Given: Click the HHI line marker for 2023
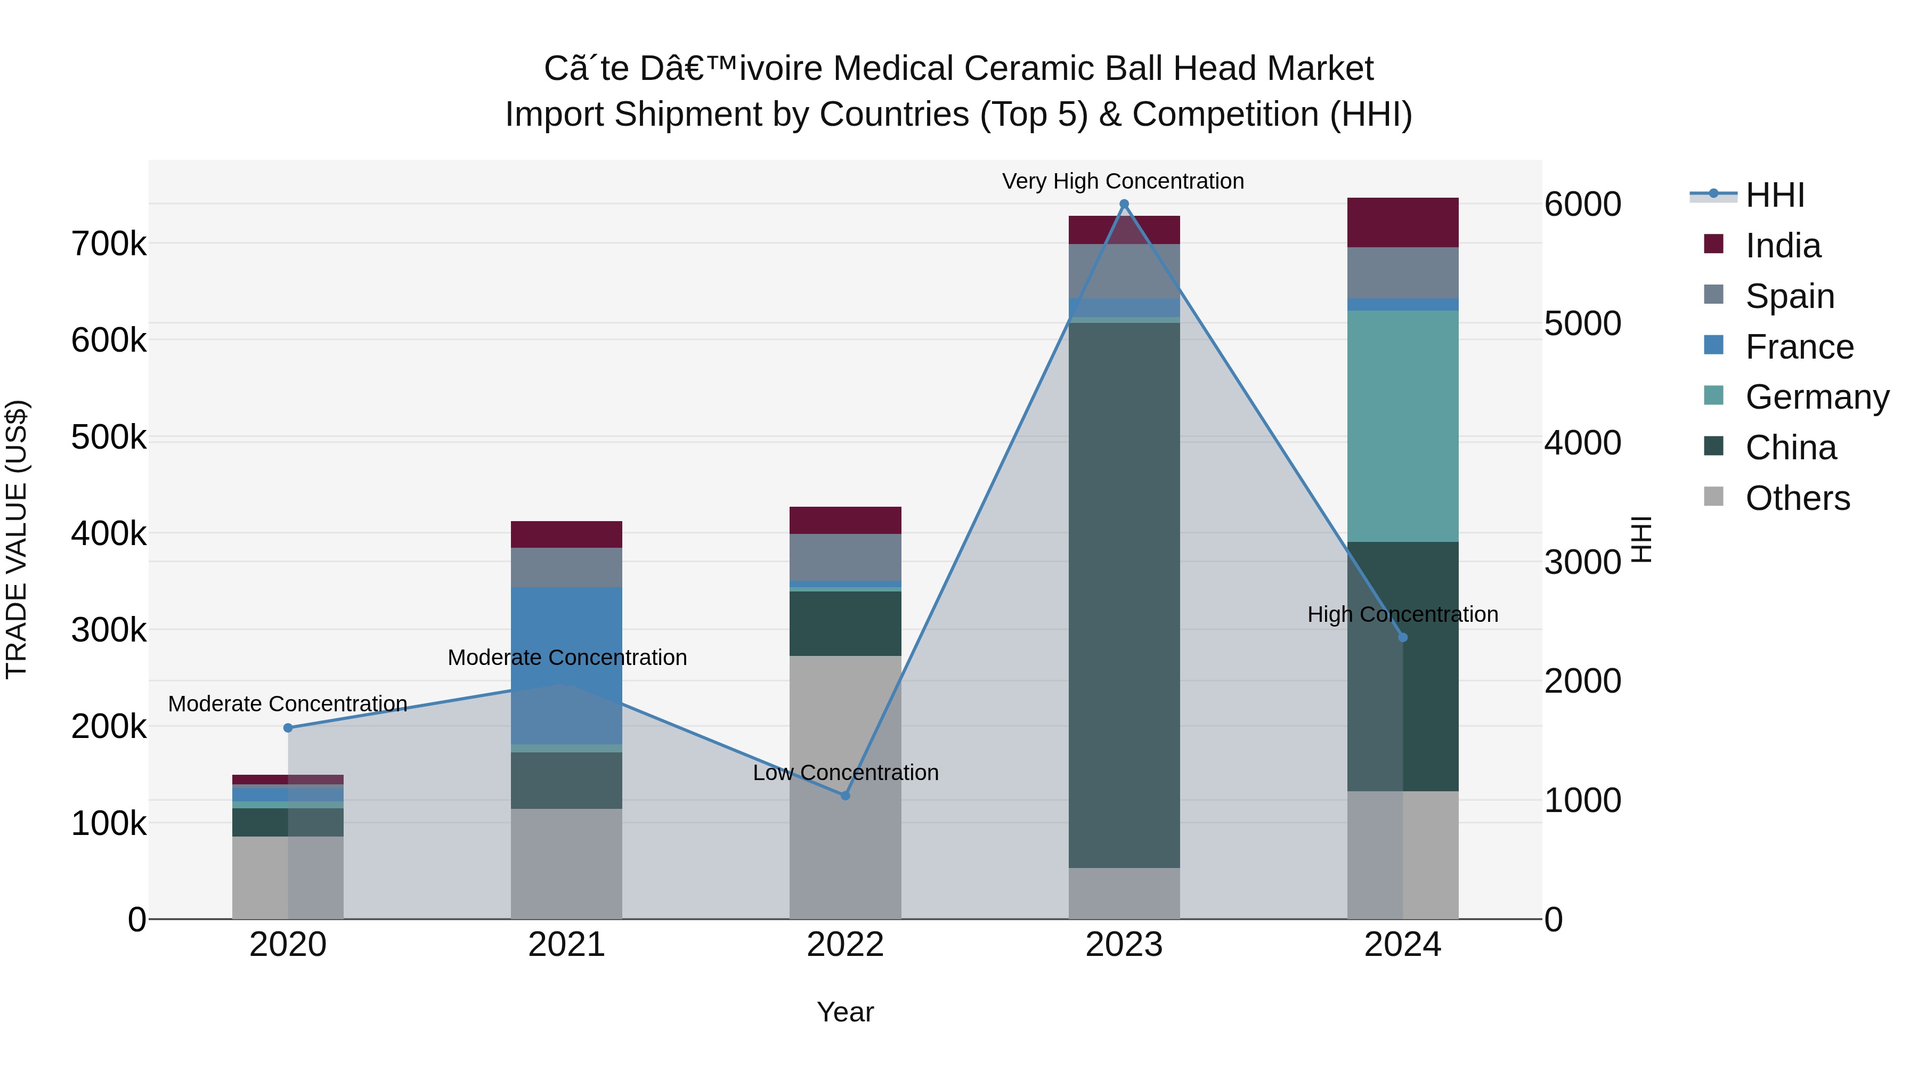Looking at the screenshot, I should [1124, 204].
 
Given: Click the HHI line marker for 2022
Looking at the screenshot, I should [845, 796].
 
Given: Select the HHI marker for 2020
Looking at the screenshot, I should [288, 727].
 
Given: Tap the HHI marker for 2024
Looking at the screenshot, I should [1403, 637].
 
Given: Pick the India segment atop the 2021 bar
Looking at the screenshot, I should [567, 534].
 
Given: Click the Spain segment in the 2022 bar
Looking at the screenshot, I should [845, 557].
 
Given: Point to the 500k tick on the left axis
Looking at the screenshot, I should [109, 437].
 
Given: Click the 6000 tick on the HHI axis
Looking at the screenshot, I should [1582, 204].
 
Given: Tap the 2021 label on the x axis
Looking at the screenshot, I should [567, 945].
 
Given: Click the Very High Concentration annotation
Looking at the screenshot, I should [1123, 181].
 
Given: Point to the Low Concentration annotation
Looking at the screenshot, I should [845, 772].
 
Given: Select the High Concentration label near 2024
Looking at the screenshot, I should [1403, 614].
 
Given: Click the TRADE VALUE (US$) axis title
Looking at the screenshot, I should [17, 539].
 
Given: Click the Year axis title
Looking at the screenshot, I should [845, 1012].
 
